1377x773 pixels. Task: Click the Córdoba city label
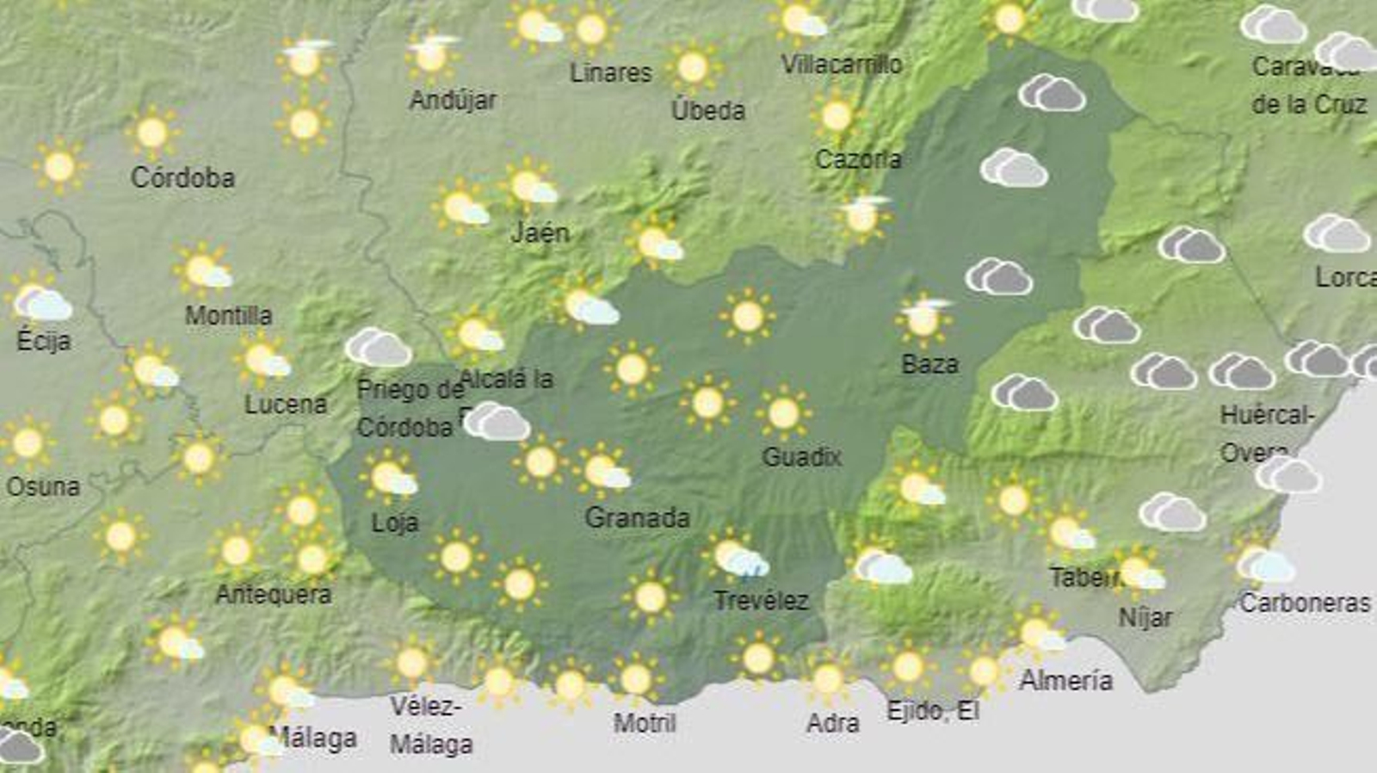click(182, 178)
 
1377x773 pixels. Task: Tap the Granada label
click(637, 518)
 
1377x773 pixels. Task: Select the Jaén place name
click(540, 232)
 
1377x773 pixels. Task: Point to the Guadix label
click(801, 456)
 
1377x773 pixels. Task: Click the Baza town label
click(929, 364)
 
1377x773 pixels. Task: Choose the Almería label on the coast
click(1065, 681)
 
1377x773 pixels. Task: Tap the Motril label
click(644, 723)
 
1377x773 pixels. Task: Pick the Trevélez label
click(761, 601)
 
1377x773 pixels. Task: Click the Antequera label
click(273, 594)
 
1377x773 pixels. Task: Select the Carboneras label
click(1304, 603)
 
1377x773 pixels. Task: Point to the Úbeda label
click(707, 110)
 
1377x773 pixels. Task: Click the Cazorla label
click(858, 159)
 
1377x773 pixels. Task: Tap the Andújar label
click(453, 101)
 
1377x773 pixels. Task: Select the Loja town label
click(394, 523)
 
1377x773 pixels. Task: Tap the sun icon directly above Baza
click(923, 318)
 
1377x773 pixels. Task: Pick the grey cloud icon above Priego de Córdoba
click(378, 347)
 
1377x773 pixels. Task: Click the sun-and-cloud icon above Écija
click(40, 301)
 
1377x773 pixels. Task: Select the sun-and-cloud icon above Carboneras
click(1261, 563)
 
